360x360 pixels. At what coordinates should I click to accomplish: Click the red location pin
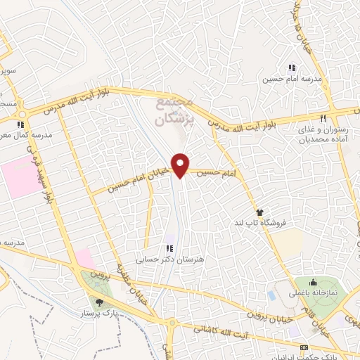181,165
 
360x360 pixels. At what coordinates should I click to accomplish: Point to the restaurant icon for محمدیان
323,118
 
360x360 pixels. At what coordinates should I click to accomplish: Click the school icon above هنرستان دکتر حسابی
169,247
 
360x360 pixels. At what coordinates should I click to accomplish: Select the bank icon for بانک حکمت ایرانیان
304,347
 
